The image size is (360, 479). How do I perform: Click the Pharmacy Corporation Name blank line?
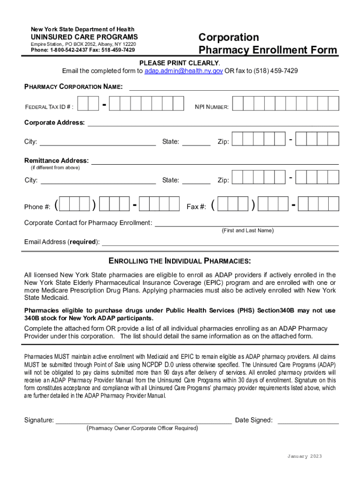pos(234,87)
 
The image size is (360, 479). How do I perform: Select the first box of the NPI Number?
pos(238,103)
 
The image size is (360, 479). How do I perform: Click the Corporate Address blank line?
pos(213,123)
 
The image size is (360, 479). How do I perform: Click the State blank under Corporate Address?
pos(196,142)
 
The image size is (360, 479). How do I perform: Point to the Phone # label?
pos(37,207)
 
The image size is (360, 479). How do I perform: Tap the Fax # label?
pos(196,207)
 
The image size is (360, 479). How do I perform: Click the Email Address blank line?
pos(220,242)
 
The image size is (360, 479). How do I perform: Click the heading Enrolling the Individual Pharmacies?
pos(180,261)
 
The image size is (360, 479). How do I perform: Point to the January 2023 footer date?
pos(304,457)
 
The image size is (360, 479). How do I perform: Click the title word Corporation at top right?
pos(229,37)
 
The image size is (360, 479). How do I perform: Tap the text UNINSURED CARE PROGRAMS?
pos(84,37)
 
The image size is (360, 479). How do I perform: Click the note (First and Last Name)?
pos(247,231)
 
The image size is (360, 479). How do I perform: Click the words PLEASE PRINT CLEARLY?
pos(180,63)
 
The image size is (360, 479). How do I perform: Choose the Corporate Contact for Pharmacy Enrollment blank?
pos(246,223)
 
